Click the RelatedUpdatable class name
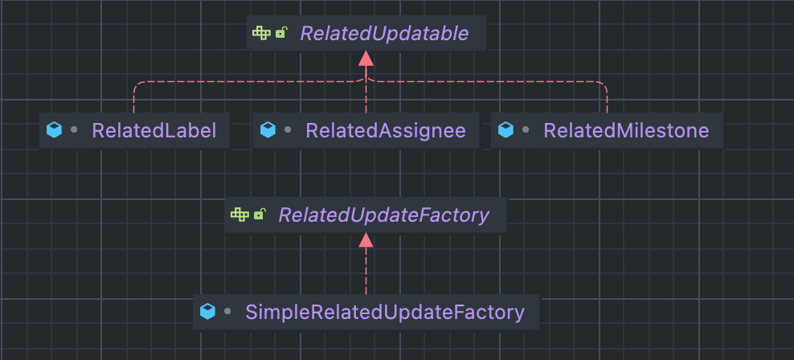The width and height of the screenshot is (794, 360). click(383, 33)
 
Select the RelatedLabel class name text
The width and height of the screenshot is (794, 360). click(154, 130)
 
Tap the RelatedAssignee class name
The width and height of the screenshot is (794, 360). click(386, 130)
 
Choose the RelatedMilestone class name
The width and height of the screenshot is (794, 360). click(626, 130)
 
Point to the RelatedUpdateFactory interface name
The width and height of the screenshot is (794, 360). click(383, 215)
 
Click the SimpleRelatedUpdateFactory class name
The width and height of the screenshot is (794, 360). click(385, 311)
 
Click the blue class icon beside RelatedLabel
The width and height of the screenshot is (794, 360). click(54, 129)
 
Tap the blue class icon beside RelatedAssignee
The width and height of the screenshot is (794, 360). click(268, 129)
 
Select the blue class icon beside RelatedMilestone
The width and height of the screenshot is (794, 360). click(505, 129)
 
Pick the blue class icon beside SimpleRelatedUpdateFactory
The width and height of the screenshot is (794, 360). click(207, 310)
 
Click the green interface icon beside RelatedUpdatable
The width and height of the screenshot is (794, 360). click(261, 33)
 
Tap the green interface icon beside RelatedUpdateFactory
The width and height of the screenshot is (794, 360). click(239, 215)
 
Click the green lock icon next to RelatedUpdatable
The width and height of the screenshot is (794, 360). click(281, 33)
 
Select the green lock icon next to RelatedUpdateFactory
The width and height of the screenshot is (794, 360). click(260, 215)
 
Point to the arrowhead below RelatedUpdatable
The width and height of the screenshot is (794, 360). click(366, 58)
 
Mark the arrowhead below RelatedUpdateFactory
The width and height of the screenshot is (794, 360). click(366, 239)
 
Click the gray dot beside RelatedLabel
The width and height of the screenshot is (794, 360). click(74, 129)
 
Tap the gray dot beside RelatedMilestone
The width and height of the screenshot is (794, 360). click(526, 129)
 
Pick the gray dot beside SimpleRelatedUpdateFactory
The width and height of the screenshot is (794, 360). click(227, 310)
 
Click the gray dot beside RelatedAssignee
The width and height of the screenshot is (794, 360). click(288, 129)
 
